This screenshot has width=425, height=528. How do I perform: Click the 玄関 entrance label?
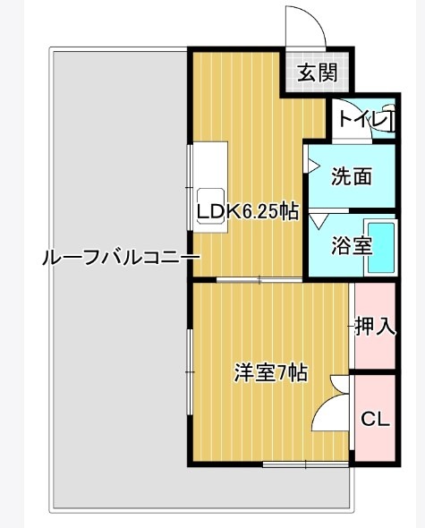point(310,72)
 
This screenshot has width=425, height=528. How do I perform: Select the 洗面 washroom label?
point(351,176)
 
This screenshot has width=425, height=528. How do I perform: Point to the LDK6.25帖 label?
point(248,211)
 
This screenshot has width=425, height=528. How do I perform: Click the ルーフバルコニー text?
point(120,259)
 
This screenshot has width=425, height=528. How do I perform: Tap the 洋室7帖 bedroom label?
point(270,372)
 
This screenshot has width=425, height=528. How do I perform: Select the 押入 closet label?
point(375,327)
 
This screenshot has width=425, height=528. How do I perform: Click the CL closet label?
point(374,419)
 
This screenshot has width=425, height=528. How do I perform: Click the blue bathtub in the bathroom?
point(383,247)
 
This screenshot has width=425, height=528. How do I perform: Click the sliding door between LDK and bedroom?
point(260,281)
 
